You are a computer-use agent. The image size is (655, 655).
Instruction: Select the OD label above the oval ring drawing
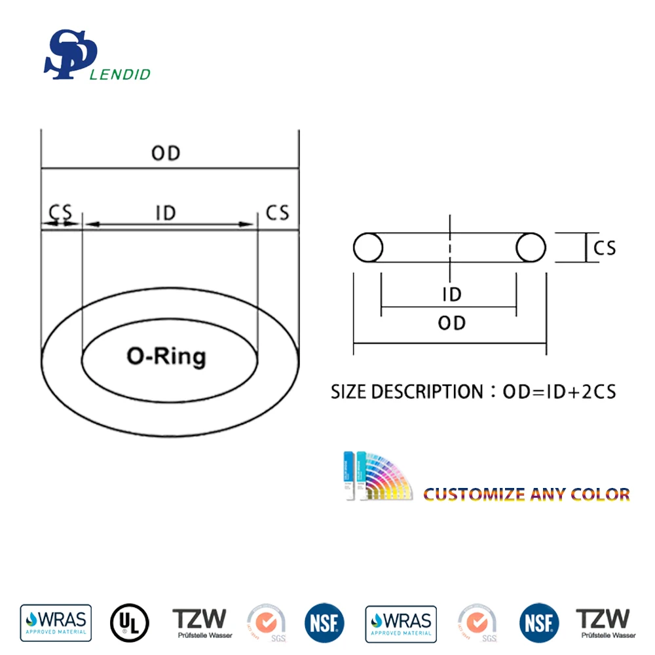coord(166,153)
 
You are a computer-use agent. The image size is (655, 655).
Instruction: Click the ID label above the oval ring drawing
coord(166,213)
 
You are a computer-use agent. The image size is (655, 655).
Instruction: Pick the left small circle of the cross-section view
coord(368,248)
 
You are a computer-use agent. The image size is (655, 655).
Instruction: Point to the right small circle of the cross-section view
coord(531,248)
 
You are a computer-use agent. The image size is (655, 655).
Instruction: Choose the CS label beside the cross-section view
coord(605,248)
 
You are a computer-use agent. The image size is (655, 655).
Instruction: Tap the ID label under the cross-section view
coord(451,294)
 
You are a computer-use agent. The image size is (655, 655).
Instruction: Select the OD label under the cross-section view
coord(451,323)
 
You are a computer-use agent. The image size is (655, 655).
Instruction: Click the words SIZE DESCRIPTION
coord(406,392)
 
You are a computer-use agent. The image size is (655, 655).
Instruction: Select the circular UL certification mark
coord(130,623)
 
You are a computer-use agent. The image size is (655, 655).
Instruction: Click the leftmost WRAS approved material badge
coord(56,623)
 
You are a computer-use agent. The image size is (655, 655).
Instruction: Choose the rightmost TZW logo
coord(605,623)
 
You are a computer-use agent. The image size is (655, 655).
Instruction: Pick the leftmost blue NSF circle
coord(324,623)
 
